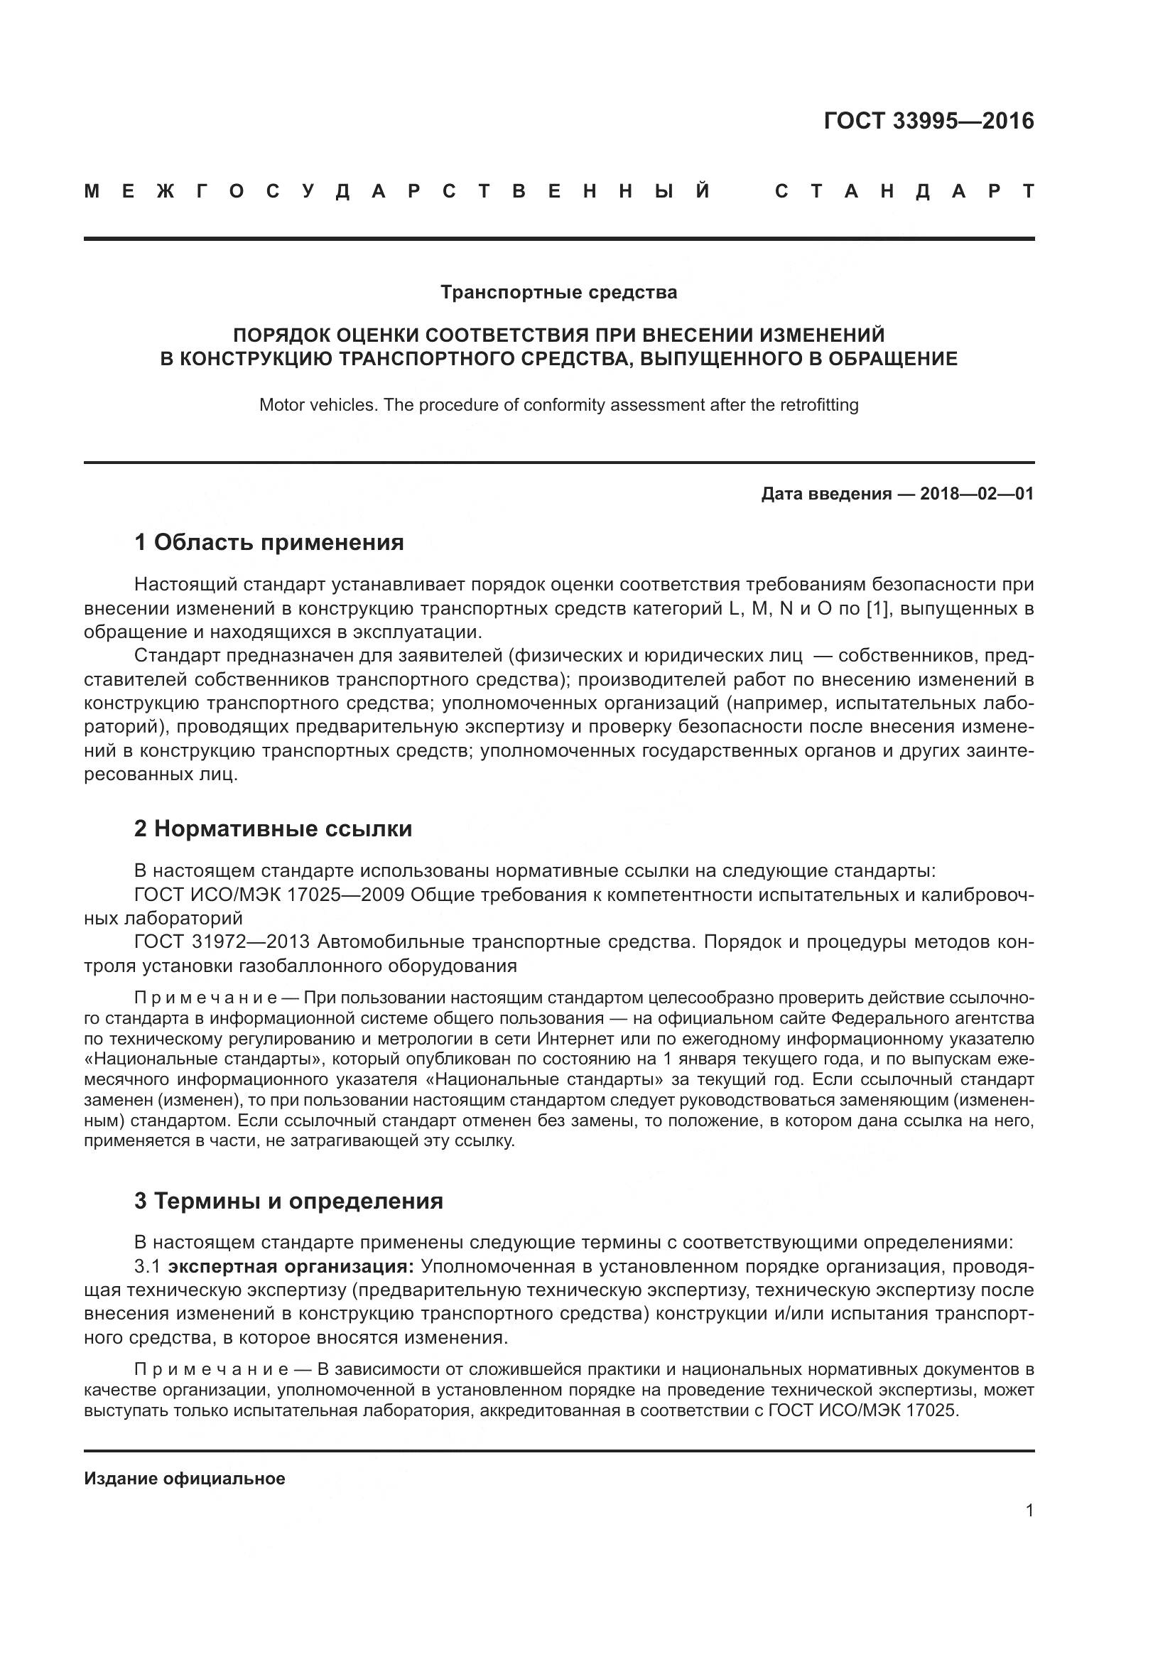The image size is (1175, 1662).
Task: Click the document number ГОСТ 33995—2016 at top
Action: point(928,121)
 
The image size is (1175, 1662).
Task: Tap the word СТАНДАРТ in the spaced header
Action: point(904,192)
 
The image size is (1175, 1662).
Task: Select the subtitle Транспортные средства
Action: point(558,293)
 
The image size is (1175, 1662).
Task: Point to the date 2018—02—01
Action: point(977,494)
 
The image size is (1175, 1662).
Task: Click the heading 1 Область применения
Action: point(269,542)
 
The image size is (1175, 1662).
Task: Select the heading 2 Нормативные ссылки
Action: point(273,828)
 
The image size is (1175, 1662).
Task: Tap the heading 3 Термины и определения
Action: point(288,1201)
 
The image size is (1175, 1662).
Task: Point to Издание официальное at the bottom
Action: point(185,1479)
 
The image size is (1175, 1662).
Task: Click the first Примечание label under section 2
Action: point(205,998)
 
